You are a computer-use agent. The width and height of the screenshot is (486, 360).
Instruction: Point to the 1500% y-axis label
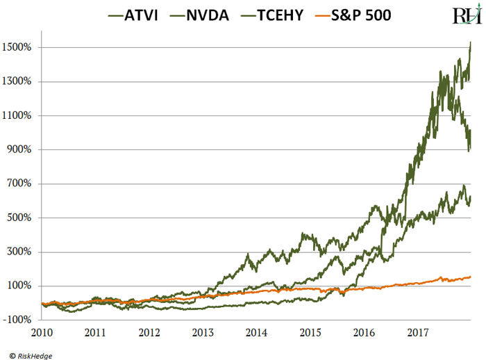(22, 48)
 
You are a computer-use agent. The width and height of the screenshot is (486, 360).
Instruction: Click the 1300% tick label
(22, 82)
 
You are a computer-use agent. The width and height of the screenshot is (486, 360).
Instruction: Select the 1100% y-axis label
(22, 116)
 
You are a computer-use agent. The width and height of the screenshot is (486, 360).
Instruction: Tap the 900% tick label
(24, 150)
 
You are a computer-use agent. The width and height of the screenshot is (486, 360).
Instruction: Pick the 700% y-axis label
(24, 184)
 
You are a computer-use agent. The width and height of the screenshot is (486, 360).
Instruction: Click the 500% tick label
(24, 218)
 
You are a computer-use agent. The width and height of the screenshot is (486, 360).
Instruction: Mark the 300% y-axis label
(24, 252)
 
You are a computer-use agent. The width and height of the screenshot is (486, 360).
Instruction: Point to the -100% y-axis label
(22, 320)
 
